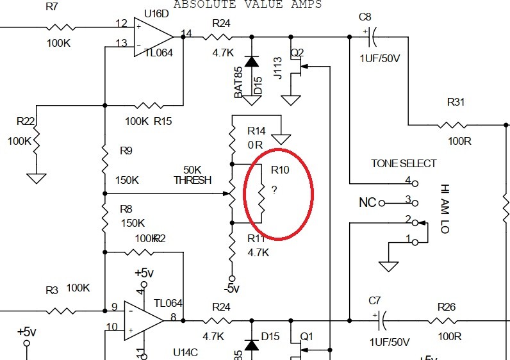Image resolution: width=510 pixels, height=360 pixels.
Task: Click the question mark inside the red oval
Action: [x=274, y=190]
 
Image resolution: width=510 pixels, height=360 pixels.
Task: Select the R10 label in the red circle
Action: [x=280, y=170]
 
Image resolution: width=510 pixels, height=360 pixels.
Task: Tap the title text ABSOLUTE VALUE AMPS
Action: [x=247, y=4]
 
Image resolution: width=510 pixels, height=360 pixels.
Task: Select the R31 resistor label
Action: [x=456, y=102]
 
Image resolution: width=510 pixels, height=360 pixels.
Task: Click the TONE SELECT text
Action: [x=404, y=163]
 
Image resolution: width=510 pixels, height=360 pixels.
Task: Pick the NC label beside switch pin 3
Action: [x=367, y=203]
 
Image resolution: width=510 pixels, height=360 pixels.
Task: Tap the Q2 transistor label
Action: [x=297, y=52]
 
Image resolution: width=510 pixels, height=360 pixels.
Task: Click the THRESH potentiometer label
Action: [x=192, y=180]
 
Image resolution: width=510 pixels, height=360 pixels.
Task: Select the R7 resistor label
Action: [x=52, y=6]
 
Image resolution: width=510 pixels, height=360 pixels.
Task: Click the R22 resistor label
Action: [x=26, y=121]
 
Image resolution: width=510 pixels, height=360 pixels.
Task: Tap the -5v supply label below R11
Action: [x=231, y=288]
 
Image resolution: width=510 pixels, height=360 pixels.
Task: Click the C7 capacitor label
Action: [x=375, y=300]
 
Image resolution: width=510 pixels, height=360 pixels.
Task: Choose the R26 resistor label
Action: [x=446, y=307]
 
